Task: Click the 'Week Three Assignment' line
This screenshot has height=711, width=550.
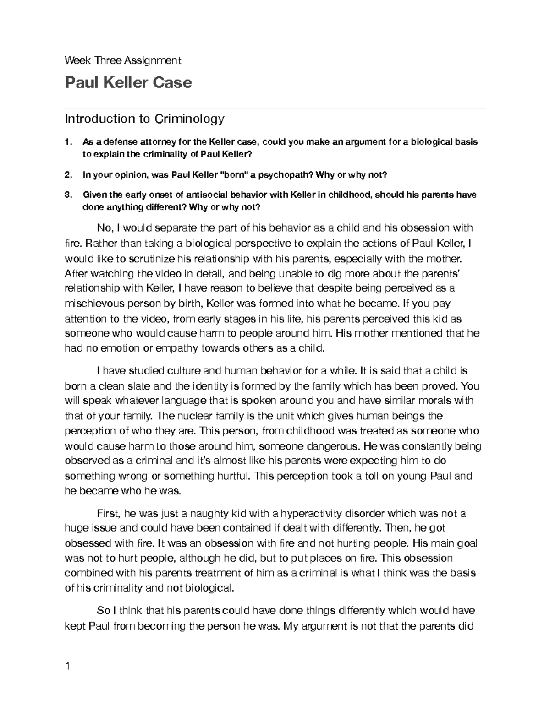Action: click(123, 60)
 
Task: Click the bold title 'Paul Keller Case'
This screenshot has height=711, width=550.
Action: click(128, 83)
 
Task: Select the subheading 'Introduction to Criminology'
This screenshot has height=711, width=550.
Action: click(144, 119)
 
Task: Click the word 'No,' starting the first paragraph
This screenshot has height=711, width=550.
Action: click(105, 228)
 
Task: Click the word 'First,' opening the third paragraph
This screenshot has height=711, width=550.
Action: click(108, 513)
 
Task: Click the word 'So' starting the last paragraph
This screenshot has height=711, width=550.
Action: click(103, 611)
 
